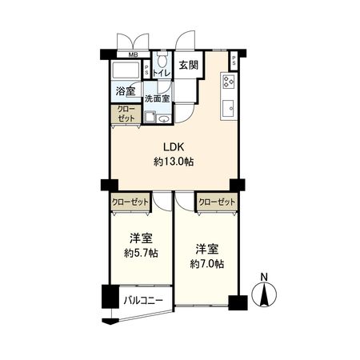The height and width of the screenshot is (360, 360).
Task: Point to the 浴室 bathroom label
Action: (126, 91)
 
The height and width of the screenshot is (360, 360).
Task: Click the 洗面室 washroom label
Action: (157, 98)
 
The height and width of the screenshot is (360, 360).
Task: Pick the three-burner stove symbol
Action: (227, 81)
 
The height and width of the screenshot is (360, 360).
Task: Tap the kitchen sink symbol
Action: (228, 105)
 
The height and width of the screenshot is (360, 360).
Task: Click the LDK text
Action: (174, 147)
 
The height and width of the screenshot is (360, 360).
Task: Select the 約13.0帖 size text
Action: (174, 162)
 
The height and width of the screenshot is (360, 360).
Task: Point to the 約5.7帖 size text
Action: (140, 254)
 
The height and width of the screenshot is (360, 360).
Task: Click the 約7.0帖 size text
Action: (206, 263)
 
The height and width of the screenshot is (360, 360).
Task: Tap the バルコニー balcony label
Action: (142, 301)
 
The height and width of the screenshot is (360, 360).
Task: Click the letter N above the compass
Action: (264, 278)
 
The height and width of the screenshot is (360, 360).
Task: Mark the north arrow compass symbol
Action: (264, 298)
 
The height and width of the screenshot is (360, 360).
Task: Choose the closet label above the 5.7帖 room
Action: (130, 203)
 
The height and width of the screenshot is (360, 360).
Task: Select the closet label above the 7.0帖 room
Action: (217, 203)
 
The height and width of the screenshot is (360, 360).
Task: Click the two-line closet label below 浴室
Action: (126, 114)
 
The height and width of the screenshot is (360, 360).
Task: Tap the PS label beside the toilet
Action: (147, 69)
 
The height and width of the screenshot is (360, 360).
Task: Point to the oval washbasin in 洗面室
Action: (164, 119)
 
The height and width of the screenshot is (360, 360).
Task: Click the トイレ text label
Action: (162, 74)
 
